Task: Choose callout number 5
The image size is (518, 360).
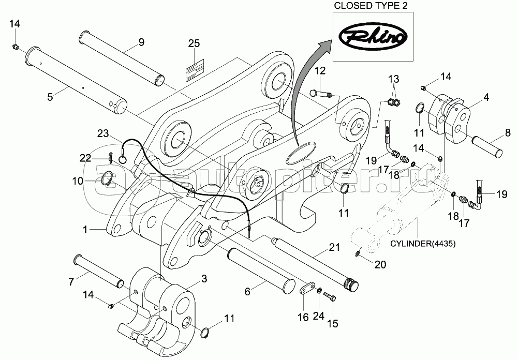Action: click(x=50, y=97)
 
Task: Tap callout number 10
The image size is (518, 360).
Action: click(x=78, y=181)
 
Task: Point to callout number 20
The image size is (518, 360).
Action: click(x=379, y=265)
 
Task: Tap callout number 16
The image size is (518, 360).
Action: click(x=303, y=316)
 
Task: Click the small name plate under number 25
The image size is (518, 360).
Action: click(x=194, y=69)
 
